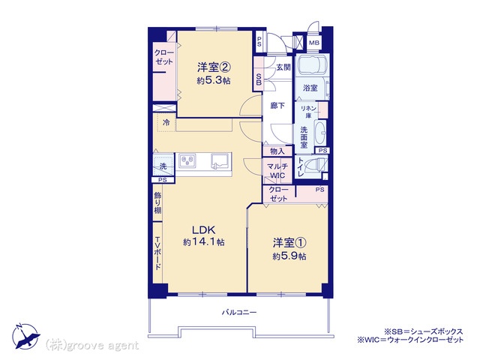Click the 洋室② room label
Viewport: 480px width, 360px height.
[214, 67]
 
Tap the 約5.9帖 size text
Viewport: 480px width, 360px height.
[289, 256]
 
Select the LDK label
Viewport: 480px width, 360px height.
[204, 229]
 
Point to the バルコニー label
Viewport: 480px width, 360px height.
[239, 313]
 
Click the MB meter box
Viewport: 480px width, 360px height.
[313, 43]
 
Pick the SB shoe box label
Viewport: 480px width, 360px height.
[259, 79]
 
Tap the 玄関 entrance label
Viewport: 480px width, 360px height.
[283, 67]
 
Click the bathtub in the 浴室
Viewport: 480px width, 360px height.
[313, 64]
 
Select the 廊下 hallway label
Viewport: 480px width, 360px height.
[277, 106]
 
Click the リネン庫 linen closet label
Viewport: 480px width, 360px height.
[308, 112]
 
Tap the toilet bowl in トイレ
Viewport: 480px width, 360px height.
[316, 165]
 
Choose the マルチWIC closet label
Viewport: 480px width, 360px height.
[277, 171]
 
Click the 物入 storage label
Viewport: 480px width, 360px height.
[277, 151]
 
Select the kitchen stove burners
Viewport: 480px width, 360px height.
[187, 160]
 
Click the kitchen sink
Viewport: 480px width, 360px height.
[220, 160]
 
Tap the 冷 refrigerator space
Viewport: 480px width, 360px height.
[166, 122]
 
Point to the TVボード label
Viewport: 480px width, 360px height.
[157, 253]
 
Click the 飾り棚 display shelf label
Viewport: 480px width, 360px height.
[157, 202]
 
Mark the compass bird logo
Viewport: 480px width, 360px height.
[25, 337]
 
